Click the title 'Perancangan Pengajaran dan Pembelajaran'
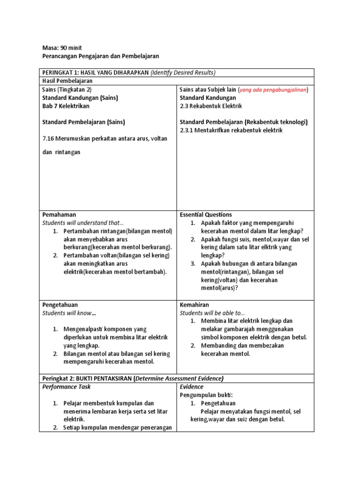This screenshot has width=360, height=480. point(101,56)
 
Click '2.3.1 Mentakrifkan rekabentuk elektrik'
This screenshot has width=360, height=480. point(231,130)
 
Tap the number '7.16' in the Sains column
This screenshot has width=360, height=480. point(49,139)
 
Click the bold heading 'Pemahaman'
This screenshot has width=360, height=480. point(59,215)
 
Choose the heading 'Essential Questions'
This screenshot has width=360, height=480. point(206,215)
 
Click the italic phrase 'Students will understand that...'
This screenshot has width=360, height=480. point(83,223)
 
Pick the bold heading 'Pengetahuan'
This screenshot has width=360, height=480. point(60,305)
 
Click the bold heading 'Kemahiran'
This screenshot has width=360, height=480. point(194,305)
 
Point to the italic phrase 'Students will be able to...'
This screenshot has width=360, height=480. point(212,313)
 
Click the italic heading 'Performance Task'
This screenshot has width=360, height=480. point(67,387)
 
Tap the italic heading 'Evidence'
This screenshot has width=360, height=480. point(192,387)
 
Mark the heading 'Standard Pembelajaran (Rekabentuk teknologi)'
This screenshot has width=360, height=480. point(244,122)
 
